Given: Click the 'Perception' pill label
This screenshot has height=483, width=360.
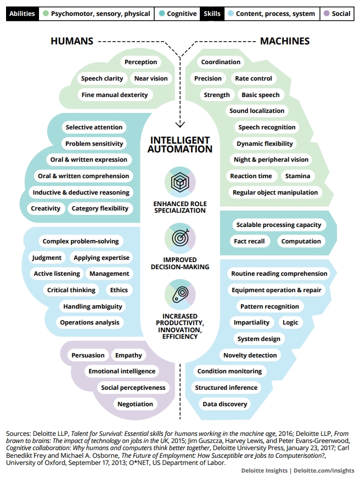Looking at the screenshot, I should point(141,62).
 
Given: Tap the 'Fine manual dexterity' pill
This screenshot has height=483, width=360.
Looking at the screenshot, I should point(115,95).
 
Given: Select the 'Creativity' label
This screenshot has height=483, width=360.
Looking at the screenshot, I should point(46,208).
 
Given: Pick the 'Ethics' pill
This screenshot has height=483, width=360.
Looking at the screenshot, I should point(119,290).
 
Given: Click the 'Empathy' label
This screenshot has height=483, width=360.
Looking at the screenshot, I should point(128,355).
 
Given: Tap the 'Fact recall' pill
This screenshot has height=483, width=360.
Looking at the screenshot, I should point(249,241).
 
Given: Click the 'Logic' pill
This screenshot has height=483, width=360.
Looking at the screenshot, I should point(290,322).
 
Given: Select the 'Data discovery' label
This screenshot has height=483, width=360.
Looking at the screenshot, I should point(225,404).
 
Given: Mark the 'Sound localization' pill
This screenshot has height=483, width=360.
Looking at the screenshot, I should point(257,111).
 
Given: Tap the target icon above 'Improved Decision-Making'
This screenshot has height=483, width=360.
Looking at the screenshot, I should point(181,237).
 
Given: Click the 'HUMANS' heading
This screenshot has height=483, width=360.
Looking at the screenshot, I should point(72,41).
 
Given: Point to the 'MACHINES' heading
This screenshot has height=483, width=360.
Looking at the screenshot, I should point(285,41).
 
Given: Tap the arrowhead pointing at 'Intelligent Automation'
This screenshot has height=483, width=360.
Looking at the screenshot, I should point(180,124).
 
